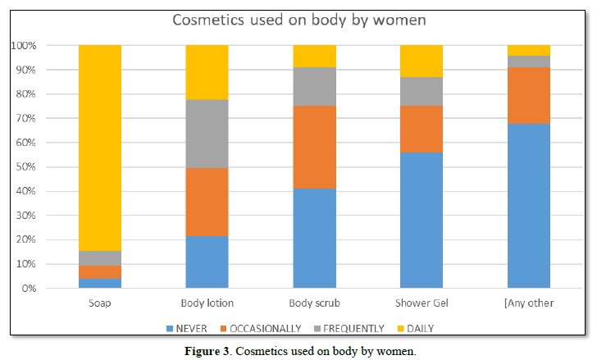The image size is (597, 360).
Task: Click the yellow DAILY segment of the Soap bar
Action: (100, 148)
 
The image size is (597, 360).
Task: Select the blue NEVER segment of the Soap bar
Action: (100, 284)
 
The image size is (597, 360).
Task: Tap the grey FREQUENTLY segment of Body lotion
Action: (207, 134)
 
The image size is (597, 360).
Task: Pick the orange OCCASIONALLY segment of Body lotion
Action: (207, 203)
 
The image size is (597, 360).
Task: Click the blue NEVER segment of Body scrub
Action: (314, 239)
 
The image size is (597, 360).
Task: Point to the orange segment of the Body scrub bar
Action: (314, 148)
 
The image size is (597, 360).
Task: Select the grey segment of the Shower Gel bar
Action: (422, 91)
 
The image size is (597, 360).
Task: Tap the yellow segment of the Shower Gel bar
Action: (422, 62)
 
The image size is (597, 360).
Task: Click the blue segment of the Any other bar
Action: (529, 206)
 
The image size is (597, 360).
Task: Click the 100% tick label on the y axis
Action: (25, 46)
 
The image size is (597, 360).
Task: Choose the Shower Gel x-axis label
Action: (422, 303)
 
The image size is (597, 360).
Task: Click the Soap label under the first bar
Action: (100, 303)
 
